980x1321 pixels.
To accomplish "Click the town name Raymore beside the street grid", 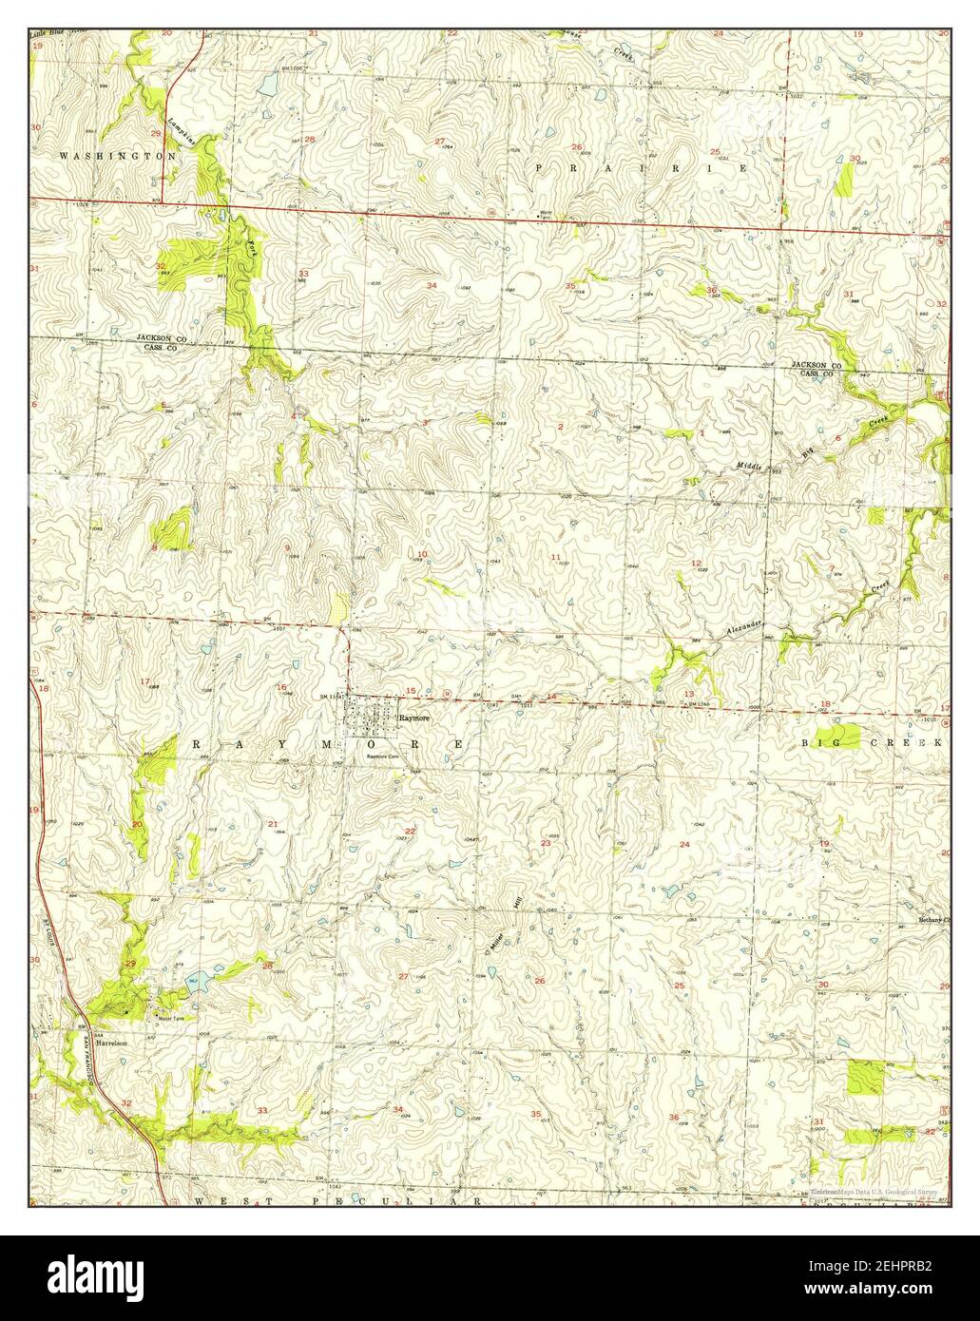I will [414, 719].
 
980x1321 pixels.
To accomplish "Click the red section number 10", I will [422, 554].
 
